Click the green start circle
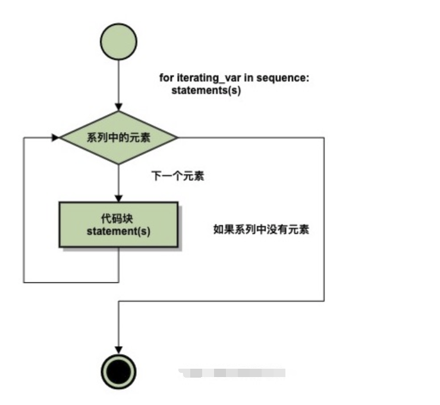point(119,40)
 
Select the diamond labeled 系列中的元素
point(119,138)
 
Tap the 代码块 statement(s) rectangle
point(118,224)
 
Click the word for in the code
point(165,79)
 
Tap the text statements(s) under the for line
point(206,90)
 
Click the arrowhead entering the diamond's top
point(119,106)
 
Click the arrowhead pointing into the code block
point(119,197)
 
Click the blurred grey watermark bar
point(232,373)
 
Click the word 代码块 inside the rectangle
point(118,218)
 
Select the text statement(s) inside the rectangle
point(118,231)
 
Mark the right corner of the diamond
point(177,138)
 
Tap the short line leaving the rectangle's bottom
point(119,264)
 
